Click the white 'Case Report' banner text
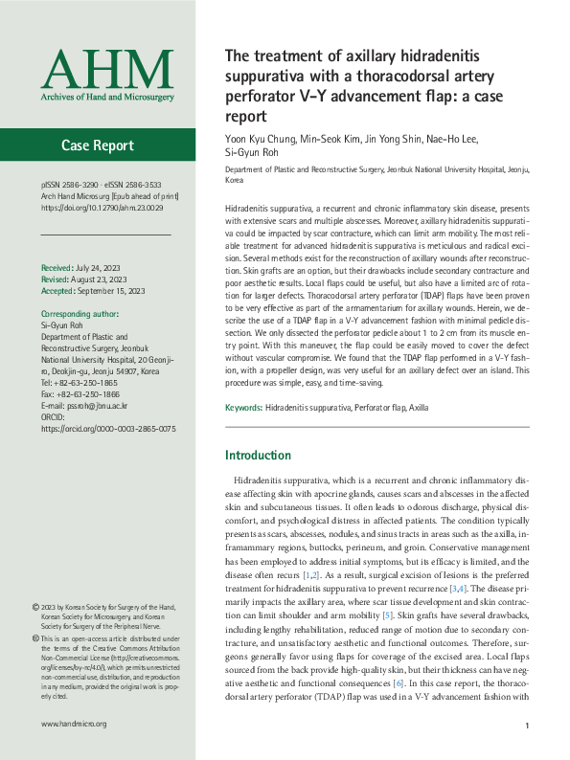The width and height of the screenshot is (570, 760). (98, 145)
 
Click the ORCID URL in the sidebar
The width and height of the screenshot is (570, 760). (108, 429)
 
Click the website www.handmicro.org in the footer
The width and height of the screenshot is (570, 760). (74, 725)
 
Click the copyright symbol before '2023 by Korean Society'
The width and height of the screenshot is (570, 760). (36, 606)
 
